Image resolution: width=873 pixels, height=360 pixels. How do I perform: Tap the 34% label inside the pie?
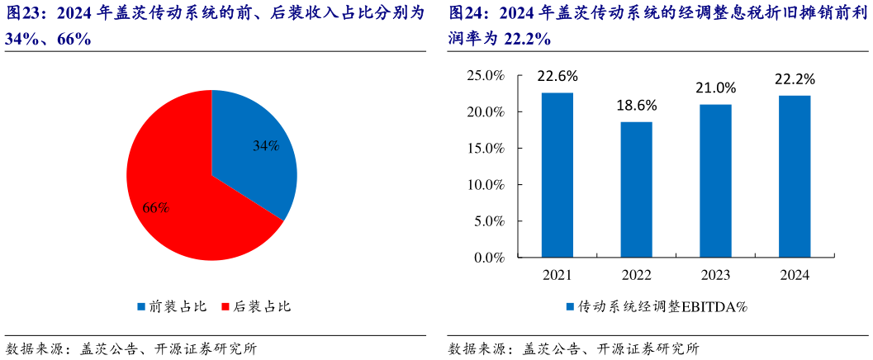[266, 146]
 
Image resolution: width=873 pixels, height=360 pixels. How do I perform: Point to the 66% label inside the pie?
[156, 207]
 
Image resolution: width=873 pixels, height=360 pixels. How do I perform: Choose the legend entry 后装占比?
[257, 306]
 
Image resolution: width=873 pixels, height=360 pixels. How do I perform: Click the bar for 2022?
[636, 190]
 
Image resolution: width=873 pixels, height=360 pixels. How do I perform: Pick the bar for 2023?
[714, 181]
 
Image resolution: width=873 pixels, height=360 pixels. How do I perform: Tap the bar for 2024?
[794, 177]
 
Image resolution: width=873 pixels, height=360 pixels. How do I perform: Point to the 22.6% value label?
[557, 76]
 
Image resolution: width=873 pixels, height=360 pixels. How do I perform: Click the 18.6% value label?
[636, 105]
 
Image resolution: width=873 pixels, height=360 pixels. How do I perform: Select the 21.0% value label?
[714, 88]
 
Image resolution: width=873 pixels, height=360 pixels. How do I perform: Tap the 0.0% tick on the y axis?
[489, 258]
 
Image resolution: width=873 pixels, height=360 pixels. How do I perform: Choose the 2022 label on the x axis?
[636, 275]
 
